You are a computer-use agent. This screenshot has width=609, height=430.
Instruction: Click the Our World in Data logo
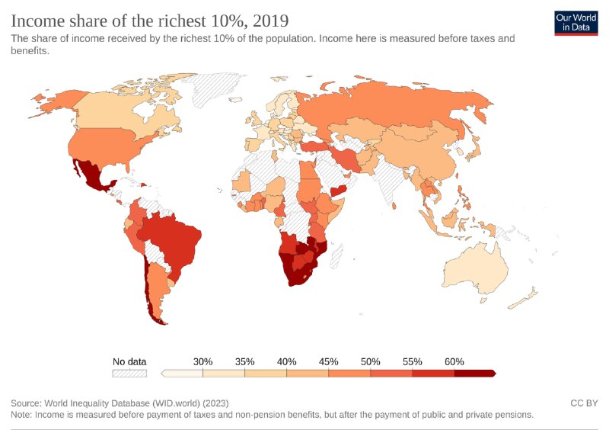click(x=576, y=23)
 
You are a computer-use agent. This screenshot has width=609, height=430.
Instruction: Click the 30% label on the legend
click(x=202, y=361)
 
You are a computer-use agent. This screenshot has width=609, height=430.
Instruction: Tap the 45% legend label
click(x=328, y=361)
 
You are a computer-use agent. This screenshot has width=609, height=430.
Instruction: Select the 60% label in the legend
click(x=454, y=361)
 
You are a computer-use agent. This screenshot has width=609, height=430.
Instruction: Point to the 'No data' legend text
click(x=129, y=361)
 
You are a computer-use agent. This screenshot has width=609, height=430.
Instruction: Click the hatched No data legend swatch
click(x=129, y=374)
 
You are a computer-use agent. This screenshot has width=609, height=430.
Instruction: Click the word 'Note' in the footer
click(x=23, y=415)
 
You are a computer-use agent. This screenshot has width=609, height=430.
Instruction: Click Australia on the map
click(x=477, y=270)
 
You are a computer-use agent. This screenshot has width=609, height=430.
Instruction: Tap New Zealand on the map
click(x=525, y=299)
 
